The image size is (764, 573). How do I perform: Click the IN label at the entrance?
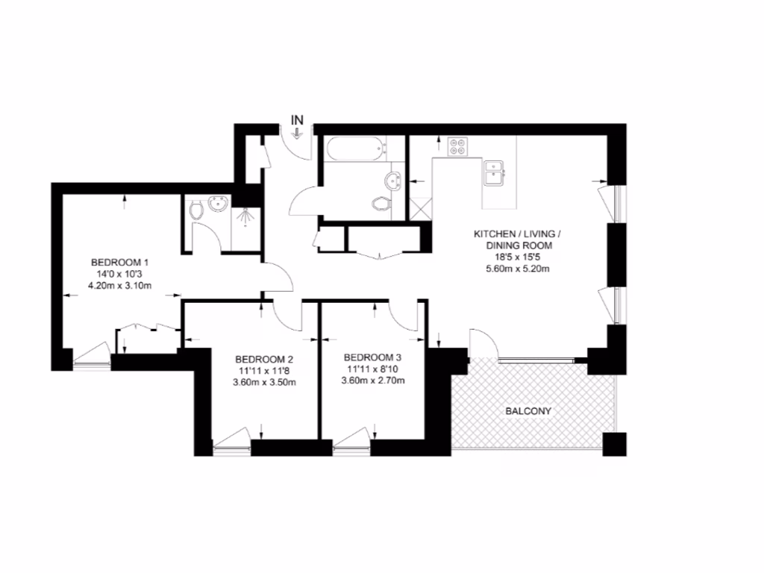coord(298,119)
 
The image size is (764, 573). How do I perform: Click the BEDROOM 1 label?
coord(120,262)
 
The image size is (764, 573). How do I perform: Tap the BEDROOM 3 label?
coord(372,357)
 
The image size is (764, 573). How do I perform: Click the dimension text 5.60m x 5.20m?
coord(517,269)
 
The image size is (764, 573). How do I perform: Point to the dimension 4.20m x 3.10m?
coord(120,286)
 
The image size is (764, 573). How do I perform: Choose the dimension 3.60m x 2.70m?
coord(372,381)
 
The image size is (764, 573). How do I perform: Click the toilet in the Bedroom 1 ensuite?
coord(196,210)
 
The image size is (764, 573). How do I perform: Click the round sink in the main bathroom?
coord(393,179)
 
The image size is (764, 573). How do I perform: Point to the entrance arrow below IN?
coord(298,133)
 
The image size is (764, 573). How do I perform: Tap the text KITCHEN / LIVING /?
coord(517,234)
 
